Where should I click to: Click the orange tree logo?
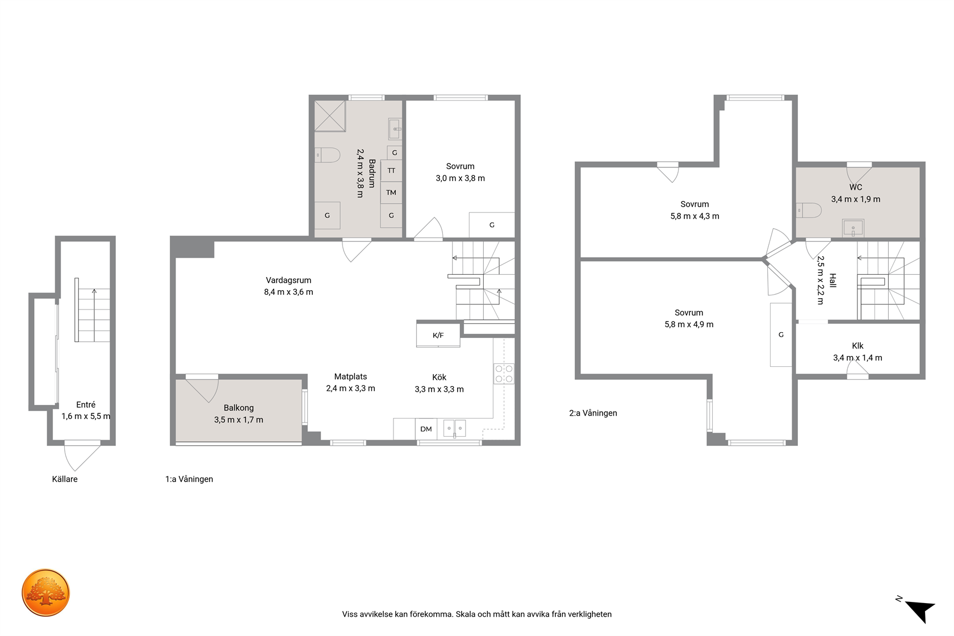click(x=45, y=592)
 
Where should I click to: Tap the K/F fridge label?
click(x=438, y=335)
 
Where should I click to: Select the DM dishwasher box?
click(x=426, y=429)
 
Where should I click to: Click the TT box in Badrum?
click(x=391, y=171)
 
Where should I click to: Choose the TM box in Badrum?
click(x=391, y=193)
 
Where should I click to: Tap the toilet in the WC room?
click(x=809, y=211)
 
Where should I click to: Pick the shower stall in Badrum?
click(x=330, y=116)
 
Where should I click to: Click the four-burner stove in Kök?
click(x=504, y=374)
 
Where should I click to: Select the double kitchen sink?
click(x=454, y=429)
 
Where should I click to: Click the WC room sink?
click(x=853, y=228)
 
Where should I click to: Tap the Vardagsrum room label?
click(x=288, y=281)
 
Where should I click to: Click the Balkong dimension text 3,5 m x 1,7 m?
click(x=238, y=420)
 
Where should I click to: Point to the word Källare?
click(x=65, y=479)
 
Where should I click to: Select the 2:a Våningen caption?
click(x=593, y=413)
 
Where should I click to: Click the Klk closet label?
click(x=857, y=346)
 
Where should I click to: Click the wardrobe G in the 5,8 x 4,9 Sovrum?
click(x=781, y=335)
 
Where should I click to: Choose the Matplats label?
click(x=350, y=376)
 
